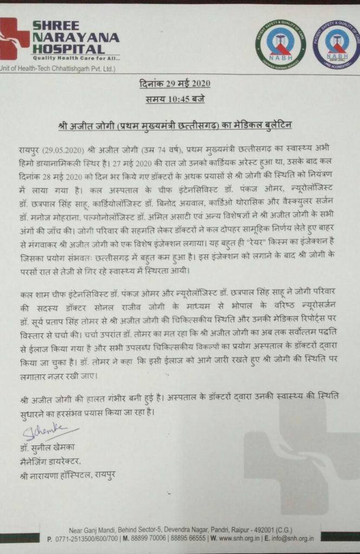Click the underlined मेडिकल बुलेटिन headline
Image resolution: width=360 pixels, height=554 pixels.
[x=175, y=125]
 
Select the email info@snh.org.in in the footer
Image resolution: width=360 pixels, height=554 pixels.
[x=289, y=539]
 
